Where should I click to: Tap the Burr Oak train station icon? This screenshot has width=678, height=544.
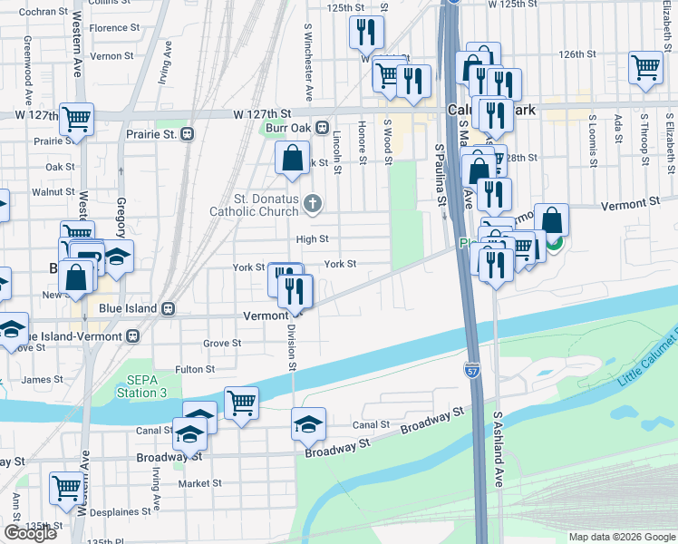point(323,128)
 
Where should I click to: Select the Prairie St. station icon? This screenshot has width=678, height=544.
point(188,134)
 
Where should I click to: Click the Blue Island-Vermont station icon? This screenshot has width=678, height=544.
point(133,335)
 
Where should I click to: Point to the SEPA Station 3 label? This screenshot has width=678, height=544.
point(141,385)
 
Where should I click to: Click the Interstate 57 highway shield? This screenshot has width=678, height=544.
point(472,371)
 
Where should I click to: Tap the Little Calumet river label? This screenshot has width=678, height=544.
point(646,361)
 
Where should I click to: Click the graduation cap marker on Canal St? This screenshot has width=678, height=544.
point(308,423)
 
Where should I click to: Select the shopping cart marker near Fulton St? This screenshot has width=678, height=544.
point(241,403)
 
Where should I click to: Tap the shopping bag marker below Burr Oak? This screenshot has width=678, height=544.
point(293,158)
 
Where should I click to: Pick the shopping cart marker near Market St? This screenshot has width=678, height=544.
point(67,488)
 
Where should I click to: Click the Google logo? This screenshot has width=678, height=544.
point(30,533)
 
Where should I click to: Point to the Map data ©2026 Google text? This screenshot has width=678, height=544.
point(621,537)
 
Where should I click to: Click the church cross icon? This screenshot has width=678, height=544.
point(313,203)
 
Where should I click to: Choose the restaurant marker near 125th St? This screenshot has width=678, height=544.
point(366,33)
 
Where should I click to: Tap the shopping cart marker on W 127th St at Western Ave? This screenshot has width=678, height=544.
point(76,119)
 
